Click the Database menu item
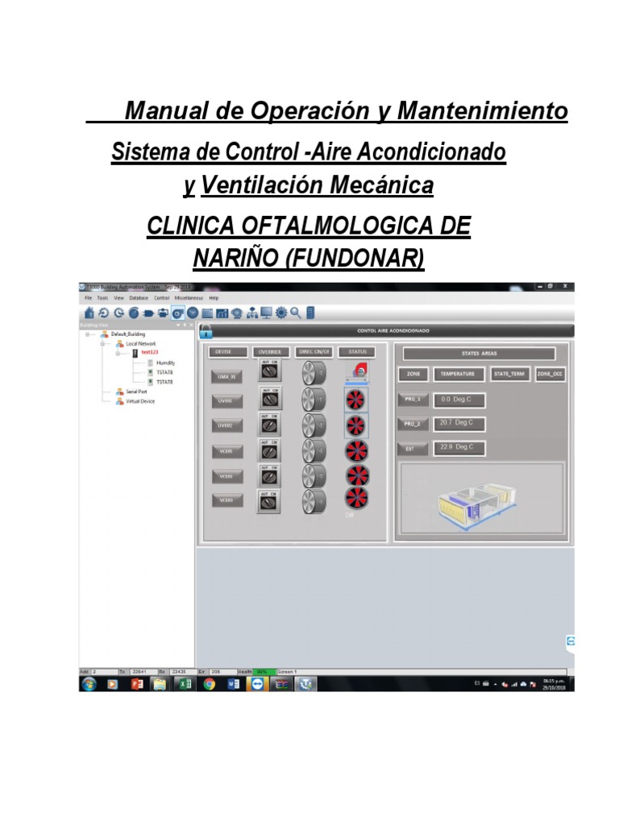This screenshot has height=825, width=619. click(139, 298)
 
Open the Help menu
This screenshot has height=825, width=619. click(214, 298)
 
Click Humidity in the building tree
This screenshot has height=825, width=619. click(166, 363)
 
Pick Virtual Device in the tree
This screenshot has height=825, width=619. click(140, 400)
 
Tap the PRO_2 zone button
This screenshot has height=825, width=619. click(413, 424)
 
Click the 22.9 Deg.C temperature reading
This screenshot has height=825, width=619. click(457, 448)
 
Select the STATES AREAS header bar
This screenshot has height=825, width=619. click(480, 353)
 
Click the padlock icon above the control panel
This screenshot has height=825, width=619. click(229, 330)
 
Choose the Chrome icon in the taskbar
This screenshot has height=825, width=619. click(210, 684)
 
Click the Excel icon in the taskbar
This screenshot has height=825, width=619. click(185, 684)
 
